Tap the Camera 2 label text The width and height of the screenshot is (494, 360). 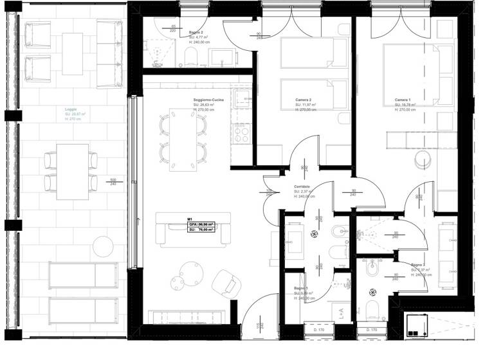(x=304, y=100)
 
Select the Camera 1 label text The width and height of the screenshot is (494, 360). (x=403, y=100)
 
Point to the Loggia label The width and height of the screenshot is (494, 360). (x=71, y=109)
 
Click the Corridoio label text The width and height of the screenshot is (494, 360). (x=302, y=186)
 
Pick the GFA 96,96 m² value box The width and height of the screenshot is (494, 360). (x=201, y=224)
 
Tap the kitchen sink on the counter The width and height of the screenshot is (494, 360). (x=242, y=98)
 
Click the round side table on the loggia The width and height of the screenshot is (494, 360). (x=102, y=246)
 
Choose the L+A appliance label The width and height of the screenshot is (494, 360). (x=342, y=314)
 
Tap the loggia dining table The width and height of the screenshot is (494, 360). (x=72, y=172)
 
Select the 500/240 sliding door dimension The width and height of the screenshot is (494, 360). (x=113, y=182)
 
